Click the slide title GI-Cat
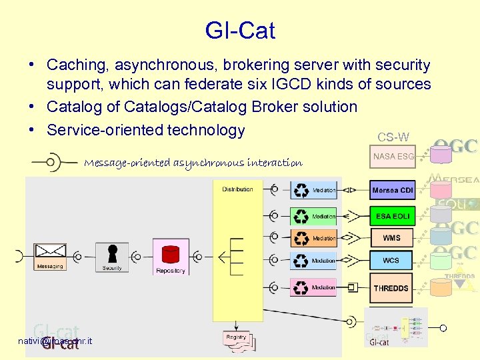point(240,31)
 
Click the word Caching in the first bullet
point(78,65)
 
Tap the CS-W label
point(393,137)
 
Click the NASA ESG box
point(393,157)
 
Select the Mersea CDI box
point(393,190)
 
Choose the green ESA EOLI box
point(393,216)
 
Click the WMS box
point(392,238)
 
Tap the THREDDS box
point(391,288)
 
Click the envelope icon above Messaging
point(50,252)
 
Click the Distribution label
point(237,189)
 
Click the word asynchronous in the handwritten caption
point(209,163)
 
